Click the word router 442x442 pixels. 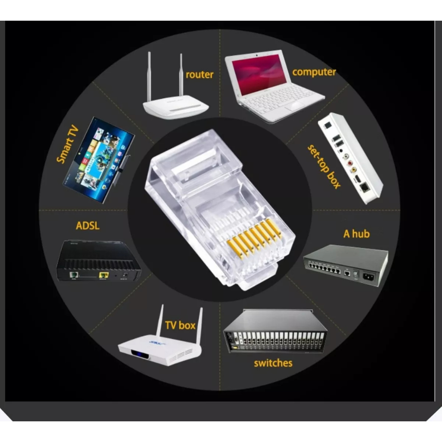199,75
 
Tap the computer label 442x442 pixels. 314,72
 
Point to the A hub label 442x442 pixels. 356,234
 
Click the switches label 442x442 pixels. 273,363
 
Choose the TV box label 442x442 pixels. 180,325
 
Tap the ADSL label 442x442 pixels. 88,226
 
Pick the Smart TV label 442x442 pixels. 67,144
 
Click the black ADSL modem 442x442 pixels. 98,260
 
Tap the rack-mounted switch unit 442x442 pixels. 275,331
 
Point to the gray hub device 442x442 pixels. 346,265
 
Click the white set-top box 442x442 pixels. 350,158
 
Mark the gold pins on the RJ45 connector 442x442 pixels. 254,239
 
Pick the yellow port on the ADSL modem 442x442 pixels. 104,275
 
